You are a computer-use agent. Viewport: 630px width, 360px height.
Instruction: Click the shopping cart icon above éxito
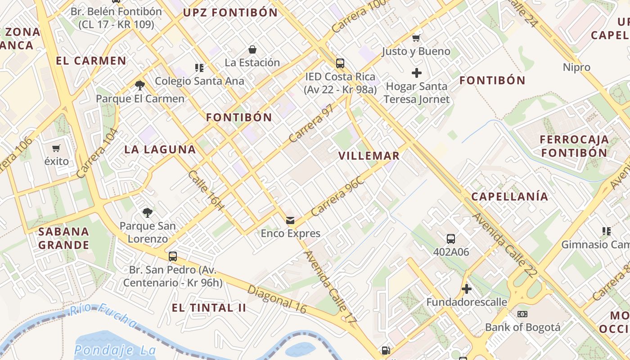tap(56, 148)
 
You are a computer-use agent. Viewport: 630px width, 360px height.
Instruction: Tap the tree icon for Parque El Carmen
tap(140, 85)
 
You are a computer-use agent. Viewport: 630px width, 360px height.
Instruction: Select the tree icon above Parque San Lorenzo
tap(147, 212)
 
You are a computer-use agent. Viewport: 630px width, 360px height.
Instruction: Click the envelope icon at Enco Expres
tap(290, 220)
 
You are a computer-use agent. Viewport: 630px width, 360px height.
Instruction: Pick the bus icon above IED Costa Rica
tap(340, 63)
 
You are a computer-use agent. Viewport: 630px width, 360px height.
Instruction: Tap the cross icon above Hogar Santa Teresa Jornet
tap(417, 72)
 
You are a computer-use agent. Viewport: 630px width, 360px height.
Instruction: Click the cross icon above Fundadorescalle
tap(467, 288)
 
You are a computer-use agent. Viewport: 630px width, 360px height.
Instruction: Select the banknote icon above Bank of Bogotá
tap(522, 314)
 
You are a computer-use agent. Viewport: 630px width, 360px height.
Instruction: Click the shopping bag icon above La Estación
tap(252, 49)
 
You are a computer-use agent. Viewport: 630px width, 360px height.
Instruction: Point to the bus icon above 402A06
tap(451, 238)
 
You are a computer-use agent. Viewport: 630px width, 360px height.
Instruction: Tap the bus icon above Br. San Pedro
tap(172, 256)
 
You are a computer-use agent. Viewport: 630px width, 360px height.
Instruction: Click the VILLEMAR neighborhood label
tap(369, 156)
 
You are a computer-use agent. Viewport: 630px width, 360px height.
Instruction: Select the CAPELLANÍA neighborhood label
tap(510, 197)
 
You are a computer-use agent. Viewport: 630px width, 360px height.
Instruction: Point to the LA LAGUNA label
tap(160, 150)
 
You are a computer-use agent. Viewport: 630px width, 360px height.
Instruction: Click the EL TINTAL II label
tap(209, 308)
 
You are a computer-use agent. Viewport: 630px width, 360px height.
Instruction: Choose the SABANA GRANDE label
tap(63, 238)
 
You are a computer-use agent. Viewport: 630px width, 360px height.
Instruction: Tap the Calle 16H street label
tap(206, 190)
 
